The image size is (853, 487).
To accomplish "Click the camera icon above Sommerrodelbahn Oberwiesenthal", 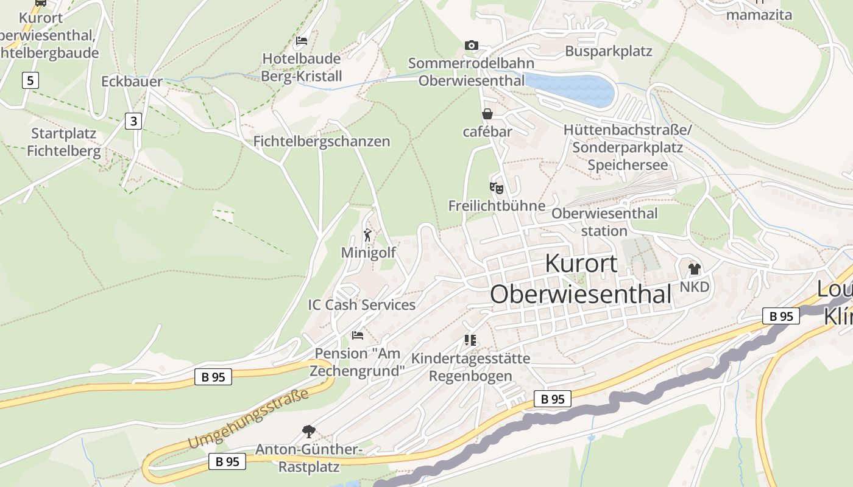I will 471,45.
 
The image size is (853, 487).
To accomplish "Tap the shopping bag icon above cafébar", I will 487,114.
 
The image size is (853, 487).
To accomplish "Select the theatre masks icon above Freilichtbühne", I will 497,188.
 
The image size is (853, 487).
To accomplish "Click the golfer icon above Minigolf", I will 367,235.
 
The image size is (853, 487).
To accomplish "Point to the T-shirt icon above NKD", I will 694,268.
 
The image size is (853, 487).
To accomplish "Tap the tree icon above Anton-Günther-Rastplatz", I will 309,432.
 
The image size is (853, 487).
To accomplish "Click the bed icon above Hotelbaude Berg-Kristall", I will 301,41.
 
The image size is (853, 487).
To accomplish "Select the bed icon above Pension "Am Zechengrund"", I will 358,335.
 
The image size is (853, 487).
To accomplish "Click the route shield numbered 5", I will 29,80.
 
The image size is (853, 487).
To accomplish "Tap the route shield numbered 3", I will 133,121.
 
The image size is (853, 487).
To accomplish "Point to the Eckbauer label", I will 132,82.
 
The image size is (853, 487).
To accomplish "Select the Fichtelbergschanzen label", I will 321,141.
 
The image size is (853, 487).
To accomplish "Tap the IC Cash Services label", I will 361,305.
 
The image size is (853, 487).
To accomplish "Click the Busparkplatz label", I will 608,51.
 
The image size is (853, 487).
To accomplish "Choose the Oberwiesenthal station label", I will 604,222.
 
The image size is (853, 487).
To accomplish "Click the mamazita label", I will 759,15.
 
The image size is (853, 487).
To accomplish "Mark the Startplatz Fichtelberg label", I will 63,142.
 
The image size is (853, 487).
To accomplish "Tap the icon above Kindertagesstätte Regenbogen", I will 470,340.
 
